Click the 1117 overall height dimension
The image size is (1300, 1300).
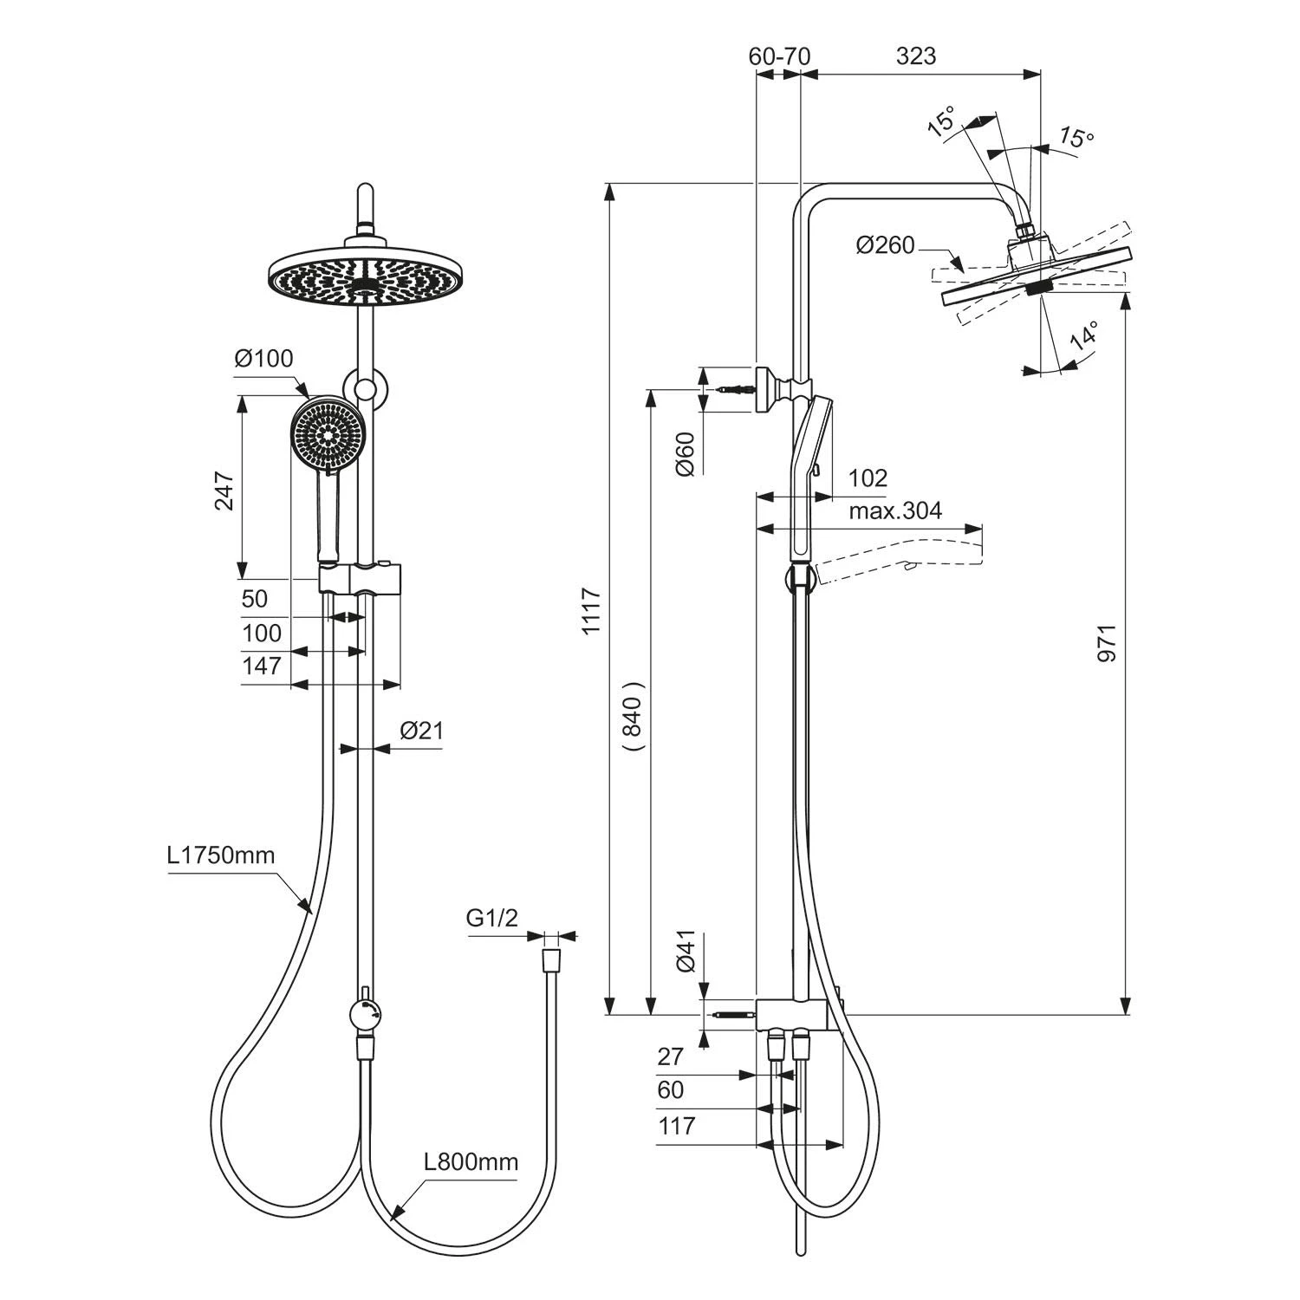click(x=591, y=611)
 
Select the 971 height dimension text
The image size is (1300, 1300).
click(x=1107, y=642)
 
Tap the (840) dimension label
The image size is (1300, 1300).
click(x=634, y=714)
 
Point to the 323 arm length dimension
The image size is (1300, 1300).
click(x=916, y=56)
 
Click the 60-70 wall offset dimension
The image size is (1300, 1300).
click(x=779, y=56)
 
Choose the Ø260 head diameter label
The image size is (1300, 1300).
click(x=885, y=246)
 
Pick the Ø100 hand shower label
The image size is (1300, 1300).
click(x=263, y=358)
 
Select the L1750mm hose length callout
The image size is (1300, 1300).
click(x=221, y=856)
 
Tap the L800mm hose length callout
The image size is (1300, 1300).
click(x=471, y=1162)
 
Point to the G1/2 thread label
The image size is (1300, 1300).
click(x=491, y=918)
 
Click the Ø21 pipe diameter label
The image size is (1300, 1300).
click(x=421, y=731)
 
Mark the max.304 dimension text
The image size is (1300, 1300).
click(x=894, y=510)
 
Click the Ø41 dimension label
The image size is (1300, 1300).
click(x=685, y=952)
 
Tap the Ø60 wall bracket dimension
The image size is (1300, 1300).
click(x=685, y=453)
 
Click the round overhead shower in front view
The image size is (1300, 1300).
click(x=368, y=279)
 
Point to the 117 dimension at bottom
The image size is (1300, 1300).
click(x=676, y=1126)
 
